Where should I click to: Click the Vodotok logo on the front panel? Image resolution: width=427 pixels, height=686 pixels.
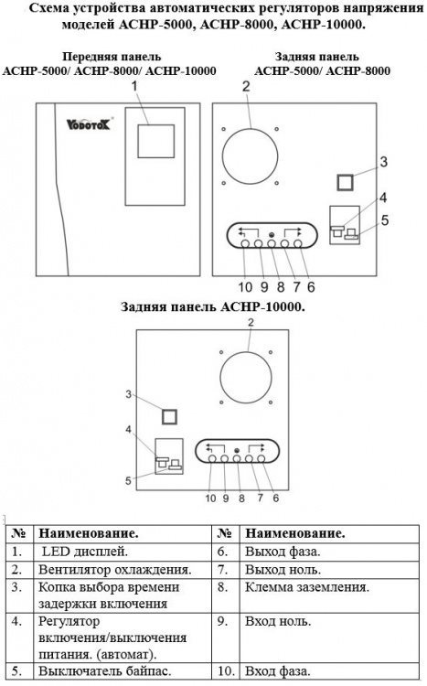point(90,124)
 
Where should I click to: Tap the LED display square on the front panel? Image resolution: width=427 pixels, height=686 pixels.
point(156,141)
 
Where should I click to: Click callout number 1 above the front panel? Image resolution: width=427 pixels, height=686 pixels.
point(134,86)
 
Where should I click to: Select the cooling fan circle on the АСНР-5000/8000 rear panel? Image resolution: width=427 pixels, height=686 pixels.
point(250,156)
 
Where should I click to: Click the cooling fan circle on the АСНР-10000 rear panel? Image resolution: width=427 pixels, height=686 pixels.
point(246,377)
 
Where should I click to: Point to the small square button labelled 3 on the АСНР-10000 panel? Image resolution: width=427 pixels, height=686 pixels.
point(169,416)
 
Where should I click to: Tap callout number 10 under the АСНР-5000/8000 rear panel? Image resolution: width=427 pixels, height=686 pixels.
point(245,287)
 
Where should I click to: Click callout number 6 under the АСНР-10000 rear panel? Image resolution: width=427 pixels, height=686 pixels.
point(275,498)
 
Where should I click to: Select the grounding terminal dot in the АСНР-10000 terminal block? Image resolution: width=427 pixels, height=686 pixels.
point(237,451)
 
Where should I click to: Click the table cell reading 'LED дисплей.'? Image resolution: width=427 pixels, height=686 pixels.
point(84,552)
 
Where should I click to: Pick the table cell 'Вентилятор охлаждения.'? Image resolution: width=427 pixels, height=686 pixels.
point(115,570)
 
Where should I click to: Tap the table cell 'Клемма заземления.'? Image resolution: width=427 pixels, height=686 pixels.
point(307,587)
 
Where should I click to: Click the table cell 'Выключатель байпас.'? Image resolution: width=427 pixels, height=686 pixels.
point(105,670)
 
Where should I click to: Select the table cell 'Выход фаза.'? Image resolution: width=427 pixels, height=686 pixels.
point(283,552)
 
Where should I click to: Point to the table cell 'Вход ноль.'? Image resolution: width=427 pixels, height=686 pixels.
point(278,621)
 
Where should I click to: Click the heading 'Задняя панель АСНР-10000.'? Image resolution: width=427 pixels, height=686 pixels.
point(213,306)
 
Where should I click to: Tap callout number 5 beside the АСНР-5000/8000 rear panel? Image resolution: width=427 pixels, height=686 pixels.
point(385,220)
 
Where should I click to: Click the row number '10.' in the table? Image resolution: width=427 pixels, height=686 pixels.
point(226,670)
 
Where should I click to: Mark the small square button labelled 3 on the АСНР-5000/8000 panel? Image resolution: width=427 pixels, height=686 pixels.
point(346,182)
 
